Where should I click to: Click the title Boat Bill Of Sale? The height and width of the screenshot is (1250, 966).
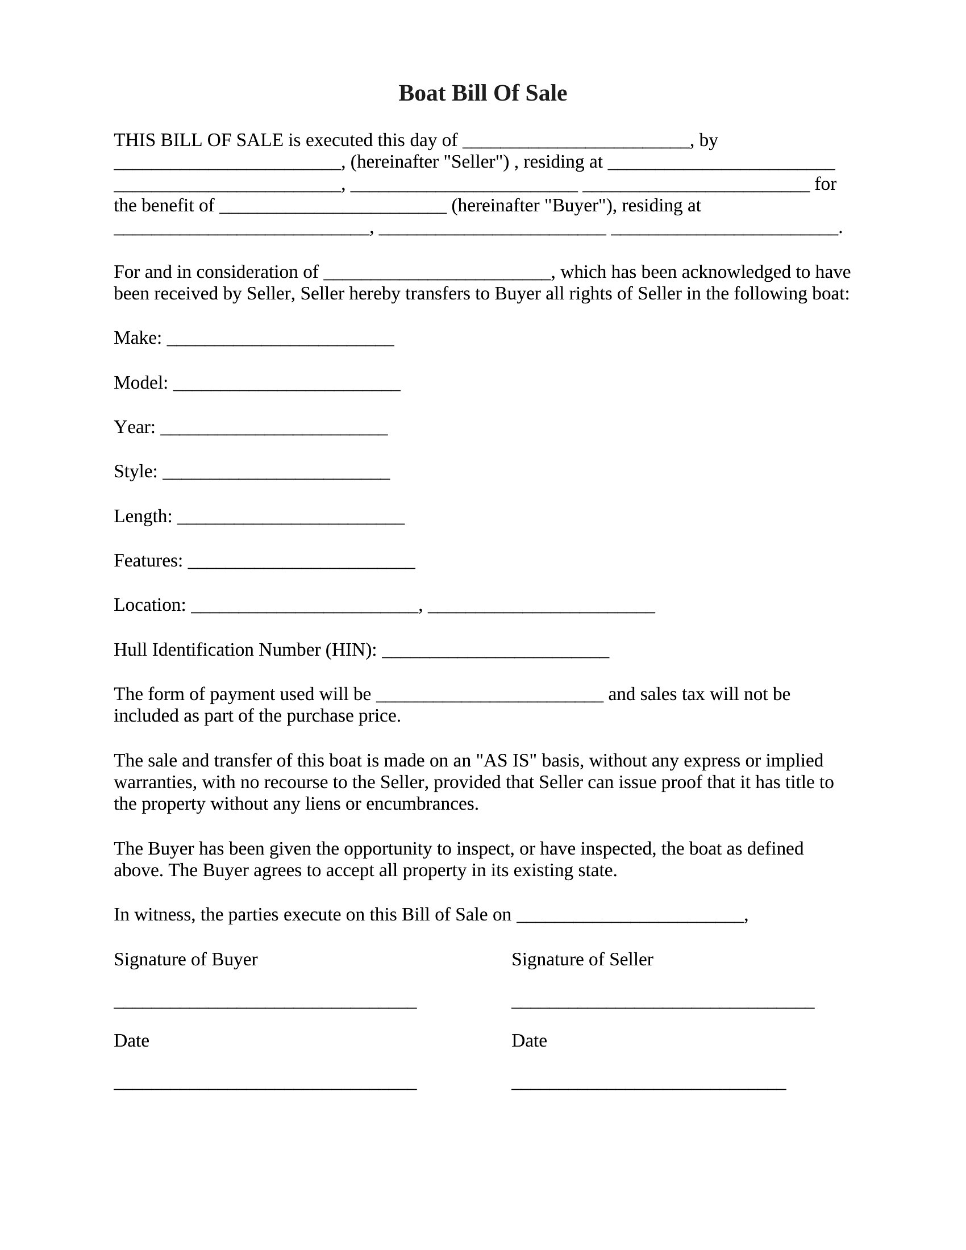(x=482, y=93)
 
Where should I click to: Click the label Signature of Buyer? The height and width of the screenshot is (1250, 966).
(x=185, y=959)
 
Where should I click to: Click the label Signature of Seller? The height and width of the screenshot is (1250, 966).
(x=582, y=959)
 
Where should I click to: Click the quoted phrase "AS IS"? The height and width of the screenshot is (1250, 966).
(x=506, y=761)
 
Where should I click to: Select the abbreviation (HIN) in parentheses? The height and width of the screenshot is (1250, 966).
(x=351, y=650)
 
